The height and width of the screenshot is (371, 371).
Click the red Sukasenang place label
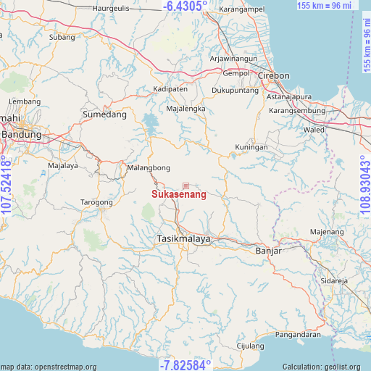[x=179, y=194]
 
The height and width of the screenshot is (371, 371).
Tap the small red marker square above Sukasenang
[x=185, y=186]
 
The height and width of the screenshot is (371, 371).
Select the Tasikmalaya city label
[x=184, y=238]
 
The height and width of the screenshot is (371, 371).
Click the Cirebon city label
[x=273, y=75]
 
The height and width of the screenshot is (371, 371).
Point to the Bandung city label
[x=22, y=134]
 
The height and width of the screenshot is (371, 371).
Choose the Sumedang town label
[x=104, y=114]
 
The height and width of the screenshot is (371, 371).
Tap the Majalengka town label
[x=185, y=109]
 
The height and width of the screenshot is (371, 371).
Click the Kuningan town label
[x=251, y=147]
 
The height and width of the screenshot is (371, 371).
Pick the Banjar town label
[x=268, y=251]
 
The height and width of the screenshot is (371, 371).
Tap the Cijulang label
[x=250, y=346]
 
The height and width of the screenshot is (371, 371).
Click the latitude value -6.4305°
[x=185, y=7]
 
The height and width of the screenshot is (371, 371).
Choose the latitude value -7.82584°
[x=185, y=364]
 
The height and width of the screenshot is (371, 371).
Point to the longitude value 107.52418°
[x=7, y=185]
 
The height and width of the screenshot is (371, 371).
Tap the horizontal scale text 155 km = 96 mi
[x=324, y=6]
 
